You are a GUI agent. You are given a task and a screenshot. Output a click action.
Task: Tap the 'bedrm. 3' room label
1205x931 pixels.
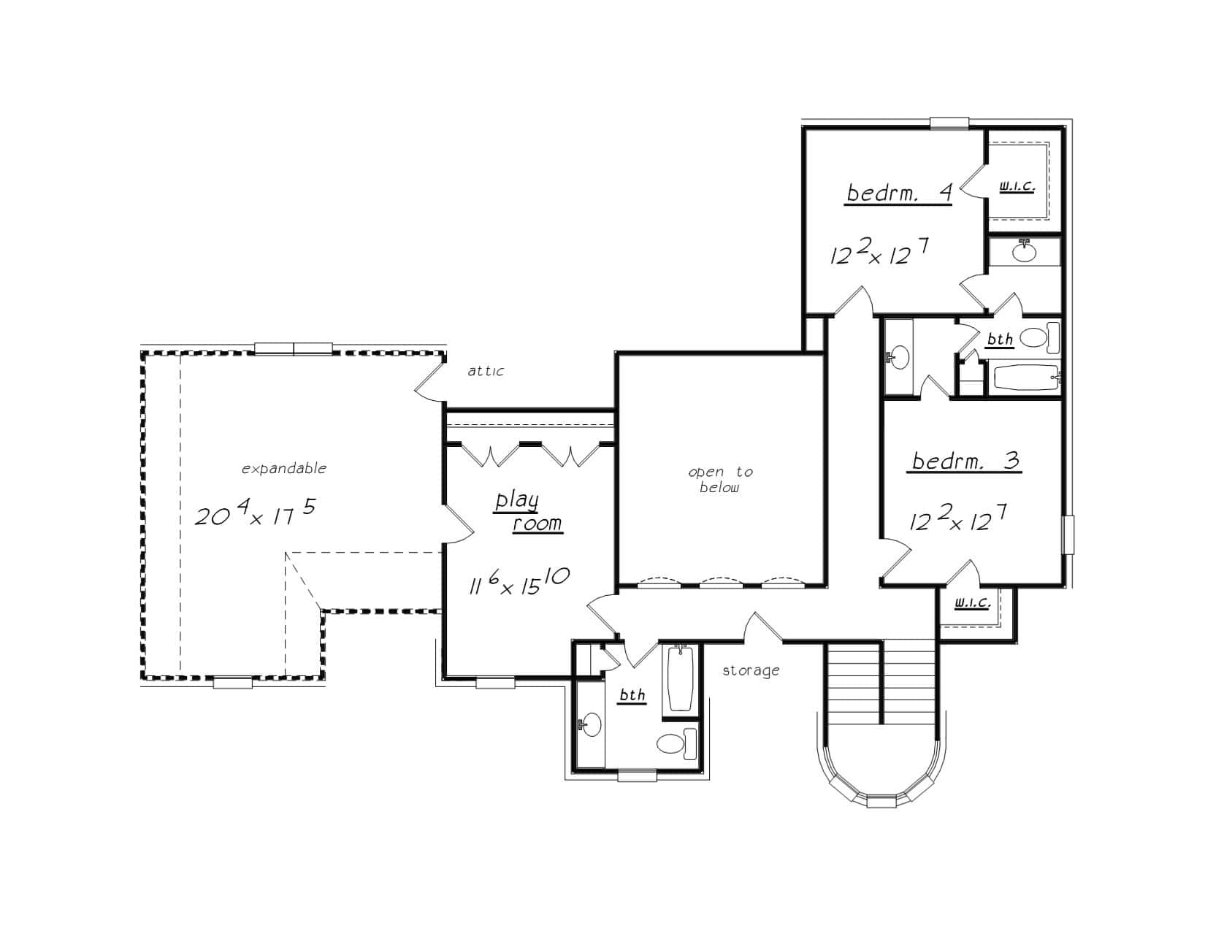coord(965,461)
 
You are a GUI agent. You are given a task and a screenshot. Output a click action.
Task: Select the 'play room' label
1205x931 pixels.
coord(527,512)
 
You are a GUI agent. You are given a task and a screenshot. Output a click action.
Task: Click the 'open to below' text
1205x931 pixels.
coord(720,480)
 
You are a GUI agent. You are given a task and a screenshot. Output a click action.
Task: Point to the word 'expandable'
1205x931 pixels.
coord(284,469)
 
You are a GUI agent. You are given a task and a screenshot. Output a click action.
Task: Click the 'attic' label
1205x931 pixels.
coord(486,371)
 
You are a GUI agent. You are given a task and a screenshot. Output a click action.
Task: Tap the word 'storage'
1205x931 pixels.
coord(751,670)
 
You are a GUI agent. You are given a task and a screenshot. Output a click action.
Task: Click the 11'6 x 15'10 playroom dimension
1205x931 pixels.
coord(518,582)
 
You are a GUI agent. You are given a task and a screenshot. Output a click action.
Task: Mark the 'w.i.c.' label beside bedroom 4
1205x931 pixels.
coord(1017,187)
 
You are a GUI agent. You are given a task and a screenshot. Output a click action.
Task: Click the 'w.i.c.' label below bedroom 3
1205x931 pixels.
coord(973,603)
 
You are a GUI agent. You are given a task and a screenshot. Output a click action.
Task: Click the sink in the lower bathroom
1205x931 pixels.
coord(590,725)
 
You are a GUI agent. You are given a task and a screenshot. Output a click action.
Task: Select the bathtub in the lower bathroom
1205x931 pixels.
coord(681,678)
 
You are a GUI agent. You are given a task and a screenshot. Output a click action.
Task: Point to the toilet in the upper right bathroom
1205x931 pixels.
coord(1038,337)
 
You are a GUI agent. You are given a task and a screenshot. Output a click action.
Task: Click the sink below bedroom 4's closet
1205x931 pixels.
coord(1024,252)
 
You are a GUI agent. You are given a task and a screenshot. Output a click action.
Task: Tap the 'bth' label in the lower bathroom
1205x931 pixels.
coord(632,695)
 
